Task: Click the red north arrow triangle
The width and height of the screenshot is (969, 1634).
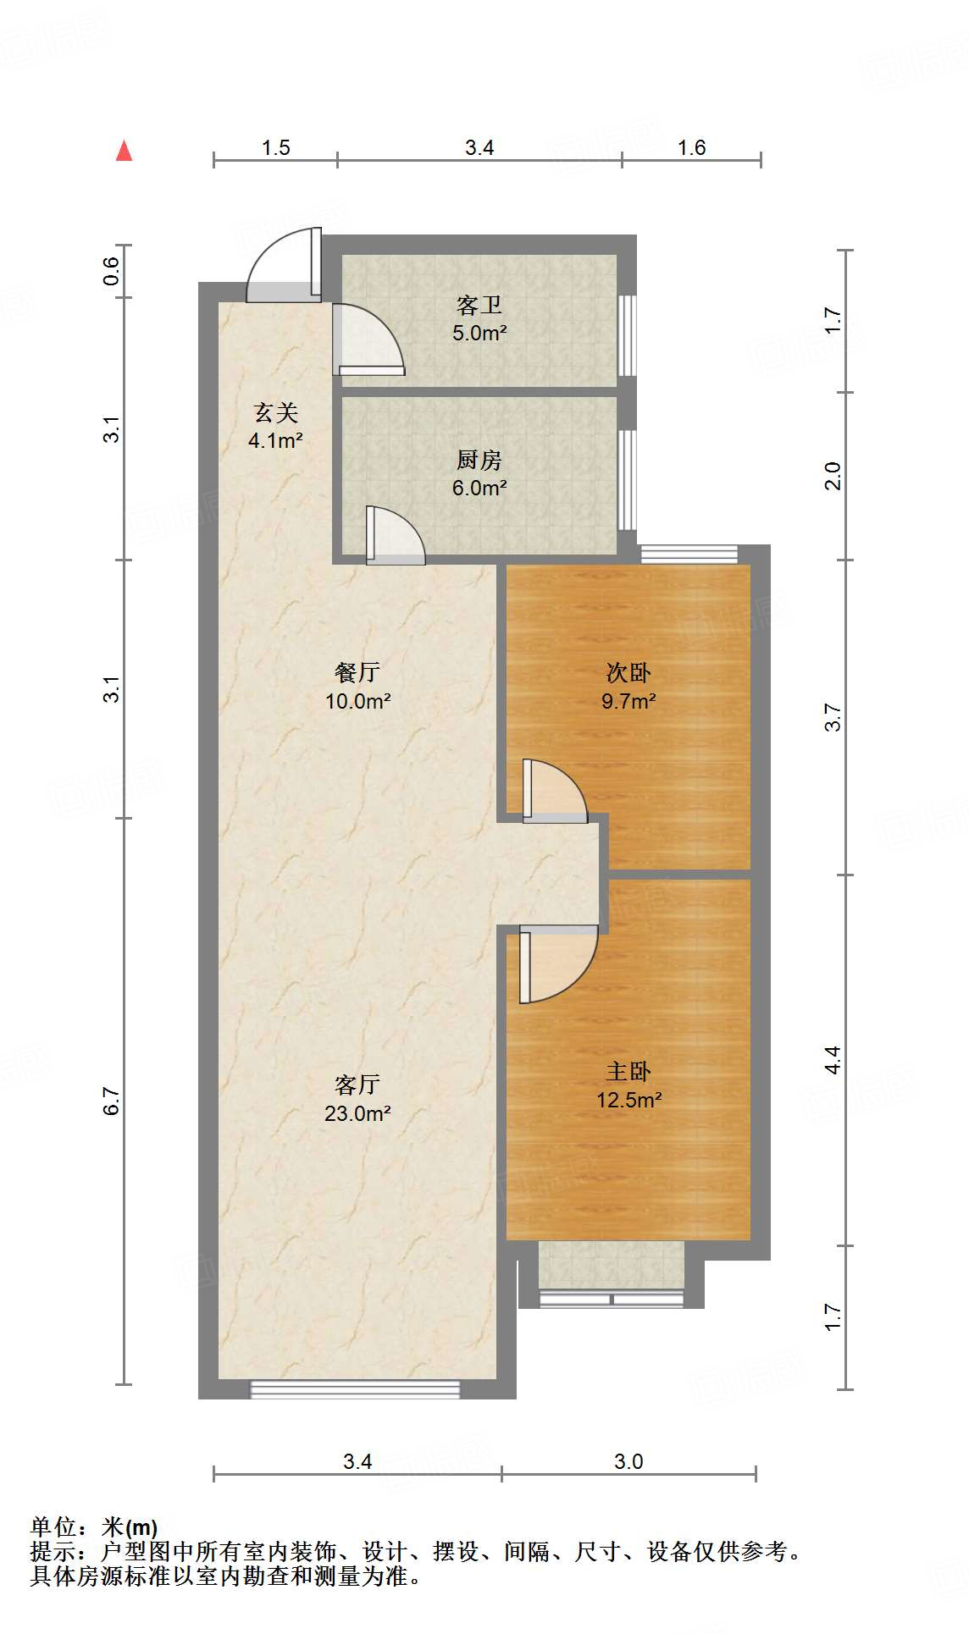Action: point(125,151)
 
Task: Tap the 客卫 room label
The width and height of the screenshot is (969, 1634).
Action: point(479,305)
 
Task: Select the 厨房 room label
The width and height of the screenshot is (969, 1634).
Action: point(479,460)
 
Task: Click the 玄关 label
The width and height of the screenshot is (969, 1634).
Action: point(276,413)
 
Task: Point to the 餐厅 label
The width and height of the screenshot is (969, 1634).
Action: point(357,672)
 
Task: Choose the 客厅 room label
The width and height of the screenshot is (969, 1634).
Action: point(357,1085)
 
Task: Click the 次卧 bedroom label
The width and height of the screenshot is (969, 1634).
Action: point(628,672)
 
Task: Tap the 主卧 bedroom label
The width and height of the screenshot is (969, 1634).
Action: point(628,1071)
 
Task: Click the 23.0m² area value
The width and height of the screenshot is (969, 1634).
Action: point(357,1113)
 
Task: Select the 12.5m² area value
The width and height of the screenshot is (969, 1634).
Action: point(628,1100)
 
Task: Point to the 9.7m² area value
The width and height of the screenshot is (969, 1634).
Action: point(628,701)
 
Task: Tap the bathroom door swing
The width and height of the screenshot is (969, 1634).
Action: point(368,339)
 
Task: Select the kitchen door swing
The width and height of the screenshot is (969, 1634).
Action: point(395,535)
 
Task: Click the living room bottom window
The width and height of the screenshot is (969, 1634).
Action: point(355,1389)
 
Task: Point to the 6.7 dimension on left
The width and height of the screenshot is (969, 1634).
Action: point(112,1101)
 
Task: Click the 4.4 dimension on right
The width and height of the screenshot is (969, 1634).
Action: point(833,1060)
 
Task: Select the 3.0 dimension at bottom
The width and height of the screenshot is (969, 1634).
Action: point(628,1461)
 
